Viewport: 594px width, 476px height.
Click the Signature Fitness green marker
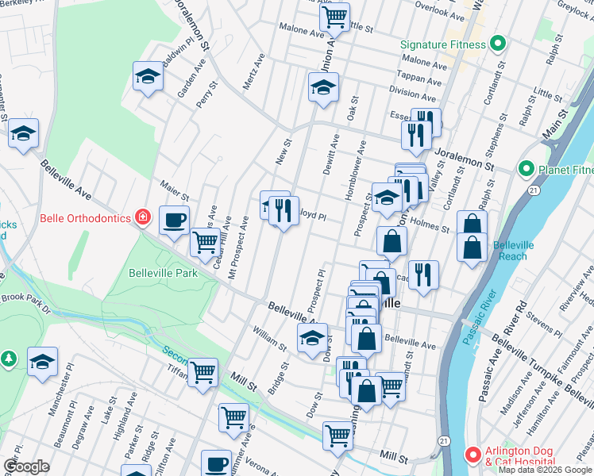click(x=498, y=44)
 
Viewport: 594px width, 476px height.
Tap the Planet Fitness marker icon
click(x=525, y=169)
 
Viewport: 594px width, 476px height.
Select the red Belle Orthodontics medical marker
click(x=142, y=217)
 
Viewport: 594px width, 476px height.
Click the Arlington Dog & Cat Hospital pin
click(x=472, y=456)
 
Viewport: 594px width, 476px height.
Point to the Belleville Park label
click(x=163, y=273)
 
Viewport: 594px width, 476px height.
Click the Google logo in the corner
click(x=26, y=466)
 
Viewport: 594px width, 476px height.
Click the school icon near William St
click(x=312, y=338)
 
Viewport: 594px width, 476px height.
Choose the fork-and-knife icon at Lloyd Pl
click(x=283, y=210)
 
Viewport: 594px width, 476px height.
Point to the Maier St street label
click(x=174, y=190)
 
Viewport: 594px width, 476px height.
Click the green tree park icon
click(x=9, y=359)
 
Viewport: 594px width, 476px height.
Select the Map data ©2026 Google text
click(x=545, y=470)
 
